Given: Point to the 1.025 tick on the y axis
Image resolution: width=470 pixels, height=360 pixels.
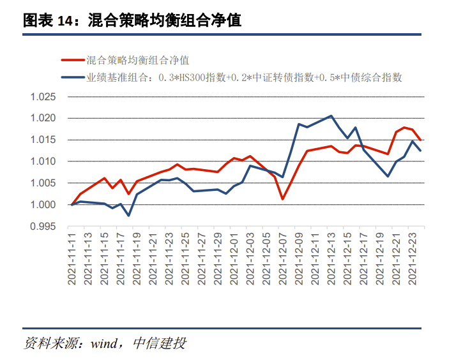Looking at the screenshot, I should (x=43, y=97).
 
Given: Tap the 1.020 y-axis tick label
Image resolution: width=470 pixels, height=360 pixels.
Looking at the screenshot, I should (x=43, y=119).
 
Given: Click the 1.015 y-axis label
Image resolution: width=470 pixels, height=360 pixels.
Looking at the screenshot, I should (x=43, y=140).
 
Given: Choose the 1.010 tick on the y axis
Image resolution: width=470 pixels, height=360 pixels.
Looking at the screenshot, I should (x=43, y=162).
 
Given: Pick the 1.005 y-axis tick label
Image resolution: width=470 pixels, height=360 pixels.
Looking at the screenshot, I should (x=43, y=183).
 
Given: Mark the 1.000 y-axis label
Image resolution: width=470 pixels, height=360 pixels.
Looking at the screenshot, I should (x=43, y=205).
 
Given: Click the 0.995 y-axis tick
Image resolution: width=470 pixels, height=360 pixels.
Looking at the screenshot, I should (x=43, y=227).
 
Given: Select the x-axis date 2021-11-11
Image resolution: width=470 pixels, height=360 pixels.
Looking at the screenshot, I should (x=72, y=259).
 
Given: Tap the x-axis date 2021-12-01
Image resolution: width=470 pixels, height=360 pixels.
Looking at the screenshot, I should (x=234, y=259).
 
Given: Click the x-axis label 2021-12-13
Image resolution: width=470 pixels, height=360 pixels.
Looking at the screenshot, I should (x=331, y=259).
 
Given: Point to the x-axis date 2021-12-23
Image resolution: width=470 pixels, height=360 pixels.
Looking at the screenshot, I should (x=412, y=259).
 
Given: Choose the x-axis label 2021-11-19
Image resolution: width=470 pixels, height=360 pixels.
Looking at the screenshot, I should (x=137, y=259).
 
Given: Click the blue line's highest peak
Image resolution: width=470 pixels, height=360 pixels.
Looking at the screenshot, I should (x=331, y=116).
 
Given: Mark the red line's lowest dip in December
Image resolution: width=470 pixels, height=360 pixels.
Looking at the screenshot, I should (x=282, y=199).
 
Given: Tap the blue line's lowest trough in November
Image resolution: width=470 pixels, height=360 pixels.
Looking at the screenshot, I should (x=129, y=216).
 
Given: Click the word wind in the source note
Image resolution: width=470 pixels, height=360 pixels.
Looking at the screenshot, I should (x=102, y=343).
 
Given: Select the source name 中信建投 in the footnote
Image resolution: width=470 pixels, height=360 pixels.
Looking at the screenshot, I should (x=160, y=343).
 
